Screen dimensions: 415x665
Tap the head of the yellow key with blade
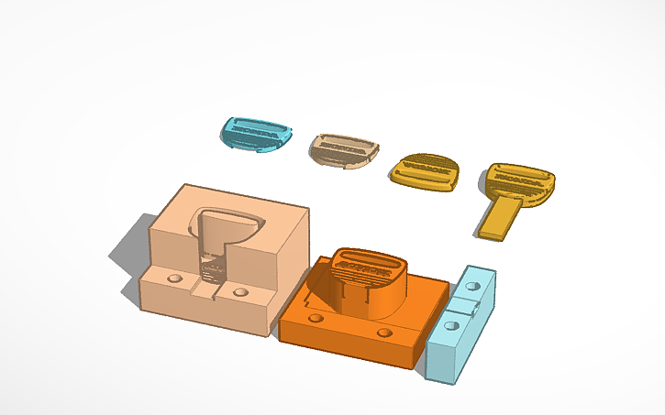point(519,180)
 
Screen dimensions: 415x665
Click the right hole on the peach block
point(240,291)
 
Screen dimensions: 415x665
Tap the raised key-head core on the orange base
point(367,279)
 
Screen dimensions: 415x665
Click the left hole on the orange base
point(316,317)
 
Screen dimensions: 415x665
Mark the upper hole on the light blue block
point(472,287)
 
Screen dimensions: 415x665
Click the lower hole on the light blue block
point(452,323)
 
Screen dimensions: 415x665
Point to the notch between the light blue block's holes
point(463,306)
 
